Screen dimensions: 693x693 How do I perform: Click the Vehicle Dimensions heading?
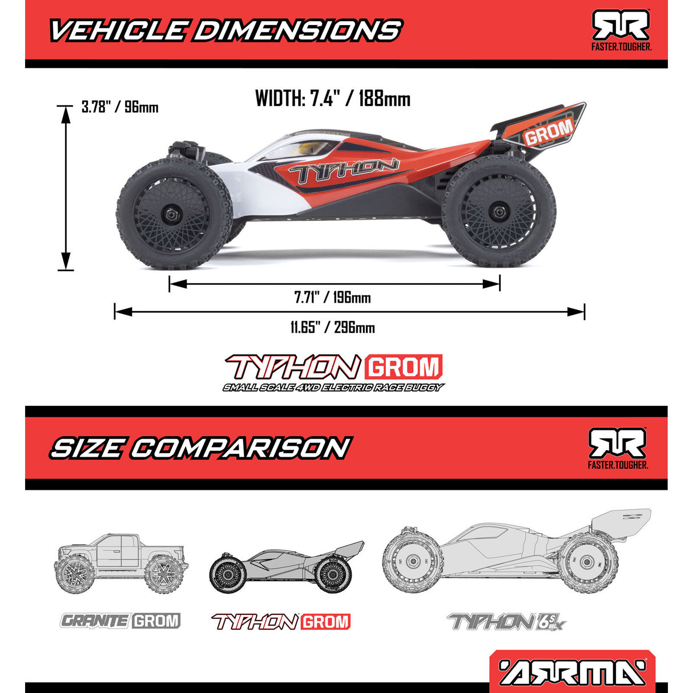point(225,30)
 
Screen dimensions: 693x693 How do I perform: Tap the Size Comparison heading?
point(200,448)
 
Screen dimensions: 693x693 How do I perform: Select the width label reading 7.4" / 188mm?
point(333,99)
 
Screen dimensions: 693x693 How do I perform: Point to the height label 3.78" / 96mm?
point(120,107)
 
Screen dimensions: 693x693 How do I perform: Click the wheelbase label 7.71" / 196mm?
point(333,297)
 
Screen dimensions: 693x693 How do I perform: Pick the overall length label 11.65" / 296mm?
point(333,328)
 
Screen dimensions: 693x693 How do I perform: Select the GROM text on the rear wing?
point(548,132)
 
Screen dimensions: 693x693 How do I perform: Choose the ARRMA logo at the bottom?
point(573,672)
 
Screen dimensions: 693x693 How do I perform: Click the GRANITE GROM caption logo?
point(121,621)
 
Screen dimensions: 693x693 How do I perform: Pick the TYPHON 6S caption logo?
point(507,622)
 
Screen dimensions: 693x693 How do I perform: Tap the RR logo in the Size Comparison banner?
point(618,448)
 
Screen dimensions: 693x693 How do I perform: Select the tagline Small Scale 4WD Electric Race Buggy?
point(333,388)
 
